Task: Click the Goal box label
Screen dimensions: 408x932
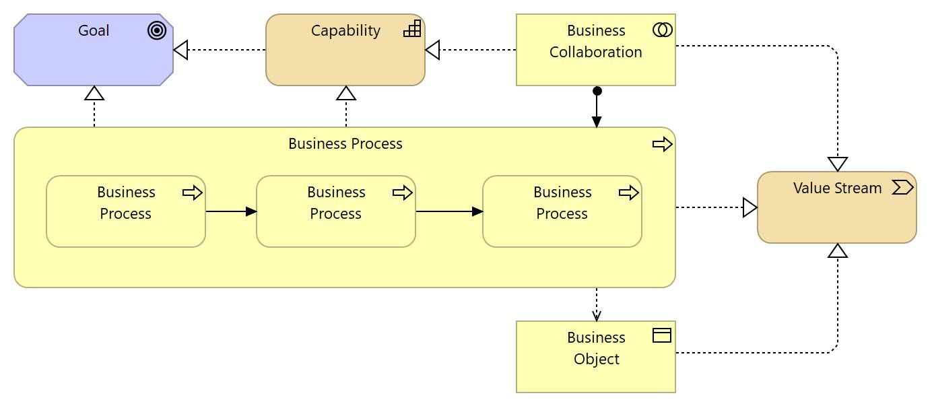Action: (x=94, y=30)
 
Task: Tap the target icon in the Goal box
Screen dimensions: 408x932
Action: (x=157, y=31)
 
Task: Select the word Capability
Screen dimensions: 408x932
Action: (x=345, y=30)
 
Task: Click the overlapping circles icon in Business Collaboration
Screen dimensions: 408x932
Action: (x=662, y=30)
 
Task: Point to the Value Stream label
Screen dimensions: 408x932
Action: (x=837, y=188)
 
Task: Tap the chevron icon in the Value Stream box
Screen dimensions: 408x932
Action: (x=902, y=188)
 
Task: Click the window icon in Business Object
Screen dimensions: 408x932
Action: (x=662, y=335)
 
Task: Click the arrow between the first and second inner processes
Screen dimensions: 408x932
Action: (x=231, y=211)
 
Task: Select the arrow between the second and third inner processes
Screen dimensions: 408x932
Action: (x=449, y=211)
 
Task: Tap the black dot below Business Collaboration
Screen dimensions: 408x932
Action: (x=597, y=91)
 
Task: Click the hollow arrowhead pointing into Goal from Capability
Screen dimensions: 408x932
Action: (x=180, y=50)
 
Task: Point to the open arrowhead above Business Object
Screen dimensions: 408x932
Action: (x=597, y=315)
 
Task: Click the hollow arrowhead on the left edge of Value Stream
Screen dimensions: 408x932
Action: (x=750, y=207)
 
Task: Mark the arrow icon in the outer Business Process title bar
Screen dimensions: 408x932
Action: (x=663, y=144)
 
